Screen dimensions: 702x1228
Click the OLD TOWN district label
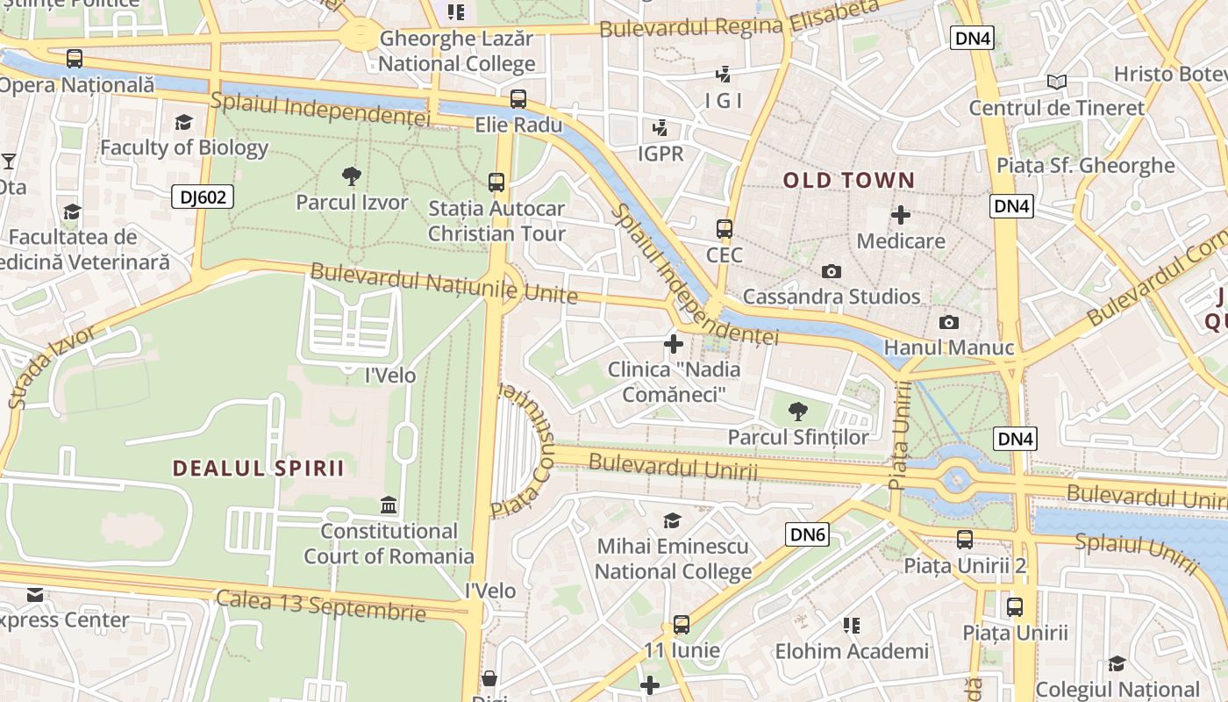point(848,181)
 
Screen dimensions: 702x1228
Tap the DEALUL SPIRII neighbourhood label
point(259,468)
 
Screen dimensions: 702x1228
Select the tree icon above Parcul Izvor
point(351,175)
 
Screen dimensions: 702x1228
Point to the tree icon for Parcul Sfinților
point(798,410)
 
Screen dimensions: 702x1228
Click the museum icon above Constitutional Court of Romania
point(389,505)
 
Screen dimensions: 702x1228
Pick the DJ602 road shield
point(203,197)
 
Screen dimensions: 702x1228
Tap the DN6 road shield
point(807,534)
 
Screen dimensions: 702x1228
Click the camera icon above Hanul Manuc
point(948,322)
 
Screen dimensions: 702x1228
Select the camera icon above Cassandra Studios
point(832,271)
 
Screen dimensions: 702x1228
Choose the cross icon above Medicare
point(901,214)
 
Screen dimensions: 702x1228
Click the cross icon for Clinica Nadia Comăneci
point(674,343)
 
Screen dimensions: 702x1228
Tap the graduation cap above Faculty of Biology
point(183,122)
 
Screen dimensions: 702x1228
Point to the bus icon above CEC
point(725,229)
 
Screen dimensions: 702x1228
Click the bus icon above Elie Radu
point(518,99)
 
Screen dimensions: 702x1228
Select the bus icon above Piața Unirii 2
point(965,539)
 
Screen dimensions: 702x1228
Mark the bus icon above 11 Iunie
point(682,625)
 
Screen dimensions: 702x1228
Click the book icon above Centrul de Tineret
point(1057,82)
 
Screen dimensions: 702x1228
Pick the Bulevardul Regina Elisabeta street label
point(739,19)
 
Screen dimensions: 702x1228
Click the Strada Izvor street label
point(52,366)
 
